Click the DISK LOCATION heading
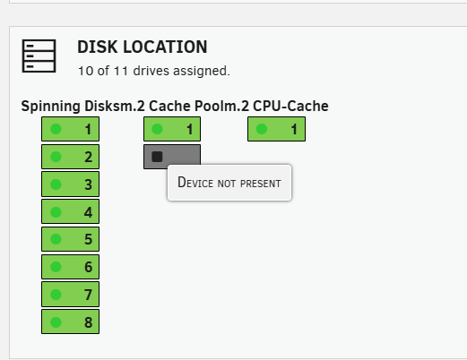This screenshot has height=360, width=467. [x=143, y=47]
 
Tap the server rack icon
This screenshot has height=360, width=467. [x=39, y=56]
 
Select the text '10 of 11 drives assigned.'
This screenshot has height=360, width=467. [x=154, y=71]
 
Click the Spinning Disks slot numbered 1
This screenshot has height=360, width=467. [x=70, y=129]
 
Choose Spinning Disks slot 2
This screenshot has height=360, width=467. [x=70, y=157]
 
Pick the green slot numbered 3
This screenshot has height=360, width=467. [x=70, y=184]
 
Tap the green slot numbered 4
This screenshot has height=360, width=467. [x=70, y=211]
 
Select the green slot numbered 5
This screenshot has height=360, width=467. [x=70, y=239]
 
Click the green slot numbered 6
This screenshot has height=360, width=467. [x=70, y=267]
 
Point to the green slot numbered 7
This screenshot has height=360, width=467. [x=70, y=295]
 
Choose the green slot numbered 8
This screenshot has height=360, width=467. [x=70, y=321]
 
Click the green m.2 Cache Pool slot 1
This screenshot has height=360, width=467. [x=172, y=129]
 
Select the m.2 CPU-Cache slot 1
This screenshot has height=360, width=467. [x=276, y=129]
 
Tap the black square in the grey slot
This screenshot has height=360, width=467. [x=157, y=157]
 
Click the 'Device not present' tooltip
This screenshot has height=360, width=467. [x=229, y=183]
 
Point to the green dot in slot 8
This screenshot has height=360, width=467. [x=56, y=322]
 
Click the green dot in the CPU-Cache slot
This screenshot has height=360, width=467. [x=262, y=129]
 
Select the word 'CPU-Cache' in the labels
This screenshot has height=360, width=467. [x=290, y=106]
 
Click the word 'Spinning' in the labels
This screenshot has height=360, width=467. [x=51, y=107]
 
